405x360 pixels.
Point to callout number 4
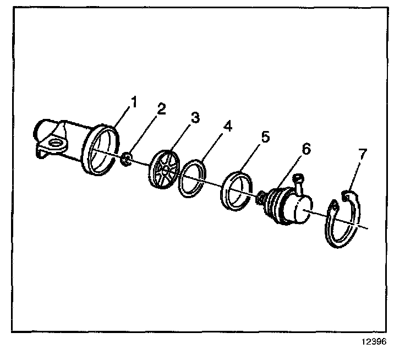(227, 126)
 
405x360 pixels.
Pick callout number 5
(265, 137)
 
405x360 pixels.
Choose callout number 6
(305, 149)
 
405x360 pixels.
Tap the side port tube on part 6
(299, 183)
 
